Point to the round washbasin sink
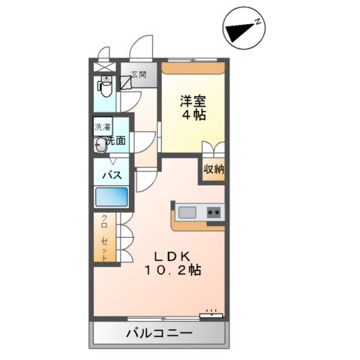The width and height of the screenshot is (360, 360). pyautogui.click(x=100, y=145)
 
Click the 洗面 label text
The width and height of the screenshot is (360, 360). pyautogui.click(x=115, y=139)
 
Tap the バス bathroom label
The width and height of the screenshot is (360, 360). pyautogui.click(x=112, y=175)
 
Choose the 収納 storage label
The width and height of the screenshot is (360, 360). pyautogui.click(x=214, y=169)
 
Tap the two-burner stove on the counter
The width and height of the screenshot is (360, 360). pyautogui.click(x=214, y=211)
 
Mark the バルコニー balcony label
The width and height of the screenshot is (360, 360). pyautogui.click(x=159, y=333)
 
